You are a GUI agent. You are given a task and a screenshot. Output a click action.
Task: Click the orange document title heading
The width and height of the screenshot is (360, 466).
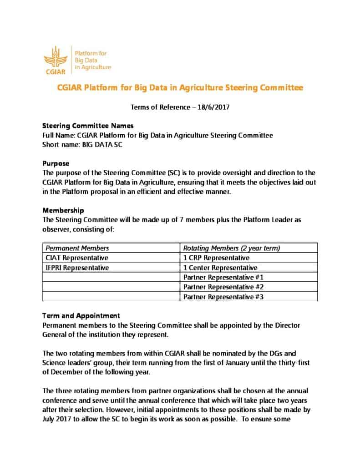[x=180, y=87]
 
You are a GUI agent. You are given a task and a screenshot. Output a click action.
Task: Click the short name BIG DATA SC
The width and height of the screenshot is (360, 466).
[x=103, y=145]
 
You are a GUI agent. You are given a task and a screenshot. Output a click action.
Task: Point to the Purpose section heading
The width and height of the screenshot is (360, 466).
[x=56, y=163]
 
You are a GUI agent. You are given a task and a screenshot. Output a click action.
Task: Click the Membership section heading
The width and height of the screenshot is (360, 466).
[x=63, y=211]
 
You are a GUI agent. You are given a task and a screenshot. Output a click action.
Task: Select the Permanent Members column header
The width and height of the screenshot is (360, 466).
[x=76, y=248]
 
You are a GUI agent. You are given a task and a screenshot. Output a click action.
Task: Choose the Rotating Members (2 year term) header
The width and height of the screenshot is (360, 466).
[x=231, y=248]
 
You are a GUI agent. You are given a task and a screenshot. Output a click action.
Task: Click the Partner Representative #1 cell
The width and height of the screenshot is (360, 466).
[x=223, y=277]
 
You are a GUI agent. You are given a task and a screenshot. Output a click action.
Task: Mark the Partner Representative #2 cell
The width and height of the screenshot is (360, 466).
[x=223, y=287]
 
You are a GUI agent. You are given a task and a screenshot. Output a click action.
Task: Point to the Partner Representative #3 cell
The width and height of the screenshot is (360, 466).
[x=223, y=297]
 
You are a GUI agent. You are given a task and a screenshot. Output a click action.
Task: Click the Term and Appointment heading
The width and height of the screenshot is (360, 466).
[x=81, y=315]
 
